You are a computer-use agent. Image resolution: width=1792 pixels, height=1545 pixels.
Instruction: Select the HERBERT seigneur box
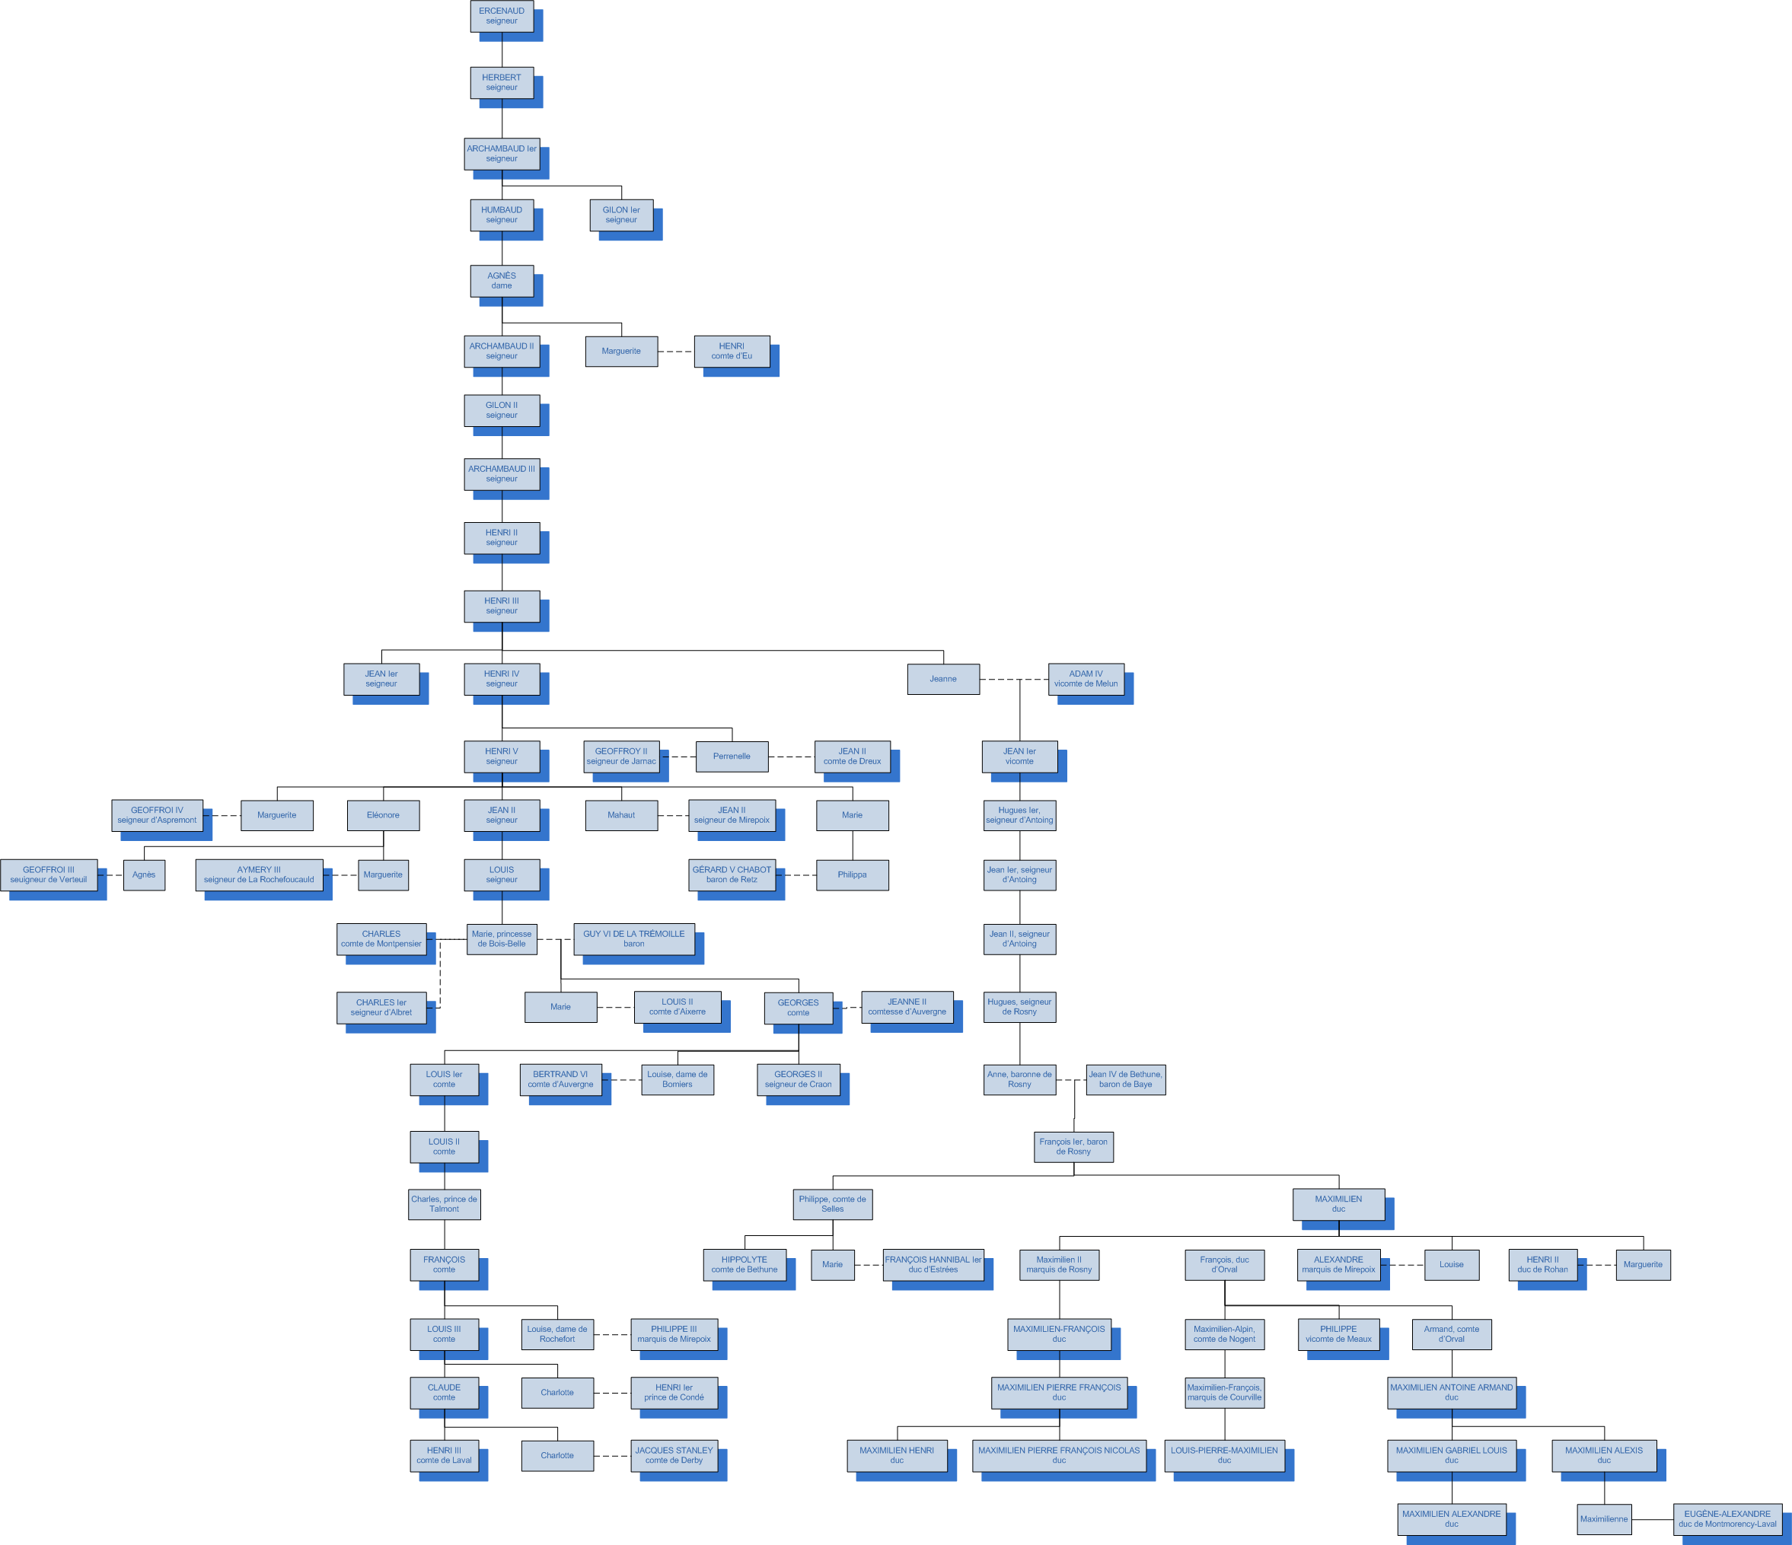coord(502,83)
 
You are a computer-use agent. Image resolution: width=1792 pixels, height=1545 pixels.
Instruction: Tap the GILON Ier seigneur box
coord(621,215)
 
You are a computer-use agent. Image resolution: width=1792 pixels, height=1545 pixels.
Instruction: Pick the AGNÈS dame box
coord(502,281)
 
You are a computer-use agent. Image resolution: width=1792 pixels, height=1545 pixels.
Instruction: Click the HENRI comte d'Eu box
coord(732,351)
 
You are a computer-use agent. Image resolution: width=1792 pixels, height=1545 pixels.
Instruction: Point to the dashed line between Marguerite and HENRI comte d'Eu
coord(675,352)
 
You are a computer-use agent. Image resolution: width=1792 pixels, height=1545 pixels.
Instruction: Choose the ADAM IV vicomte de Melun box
coord(1086,679)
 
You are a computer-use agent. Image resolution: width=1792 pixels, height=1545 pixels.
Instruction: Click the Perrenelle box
coord(732,757)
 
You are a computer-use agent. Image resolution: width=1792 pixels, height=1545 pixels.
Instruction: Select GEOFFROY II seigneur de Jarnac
coord(621,757)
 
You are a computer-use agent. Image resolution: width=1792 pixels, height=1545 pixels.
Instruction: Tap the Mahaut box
coord(621,815)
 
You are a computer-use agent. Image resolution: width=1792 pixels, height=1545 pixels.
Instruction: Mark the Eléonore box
coord(383,815)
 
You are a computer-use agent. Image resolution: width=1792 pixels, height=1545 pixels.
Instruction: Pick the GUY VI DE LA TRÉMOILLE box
coord(634,939)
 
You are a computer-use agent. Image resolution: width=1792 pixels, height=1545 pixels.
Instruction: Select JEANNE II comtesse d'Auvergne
coord(907,1007)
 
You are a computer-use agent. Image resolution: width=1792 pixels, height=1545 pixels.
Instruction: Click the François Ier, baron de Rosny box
coord(1073,1146)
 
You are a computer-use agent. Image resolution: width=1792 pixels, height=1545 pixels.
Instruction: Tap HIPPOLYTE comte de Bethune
coord(745,1265)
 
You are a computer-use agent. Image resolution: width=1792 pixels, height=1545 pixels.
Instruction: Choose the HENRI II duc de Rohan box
coord(1543,1265)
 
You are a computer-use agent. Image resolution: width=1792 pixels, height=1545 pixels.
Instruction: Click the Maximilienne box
coord(1604,1519)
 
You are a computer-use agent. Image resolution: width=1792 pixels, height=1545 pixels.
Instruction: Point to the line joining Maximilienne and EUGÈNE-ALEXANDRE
coord(1652,1519)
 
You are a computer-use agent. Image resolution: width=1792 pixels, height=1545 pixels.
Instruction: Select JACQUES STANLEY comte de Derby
coord(674,1456)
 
